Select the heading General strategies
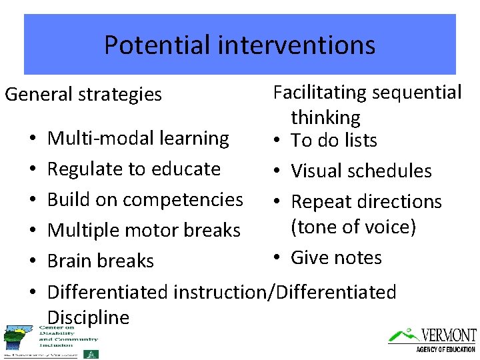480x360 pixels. click(x=83, y=95)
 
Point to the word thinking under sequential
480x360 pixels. click(x=325, y=118)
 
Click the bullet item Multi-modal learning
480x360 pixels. click(x=138, y=139)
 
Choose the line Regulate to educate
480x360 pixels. click(x=133, y=169)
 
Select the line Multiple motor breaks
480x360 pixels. click(x=143, y=230)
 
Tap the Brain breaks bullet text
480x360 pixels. click(x=101, y=261)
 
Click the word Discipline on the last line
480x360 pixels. click(x=89, y=317)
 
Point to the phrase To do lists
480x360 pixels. click(x=334, y=141)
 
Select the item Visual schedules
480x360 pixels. click(x=361, y=171)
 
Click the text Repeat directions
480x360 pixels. click(x=366, y=201)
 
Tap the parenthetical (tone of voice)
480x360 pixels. click(x=353, y=227)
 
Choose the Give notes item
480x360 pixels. click(x=336, y=257)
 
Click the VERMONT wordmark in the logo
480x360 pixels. click(x=449, y=335)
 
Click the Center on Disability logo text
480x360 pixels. click(x=56, y=336)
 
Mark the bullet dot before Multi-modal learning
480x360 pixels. click(x=33, y=139)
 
